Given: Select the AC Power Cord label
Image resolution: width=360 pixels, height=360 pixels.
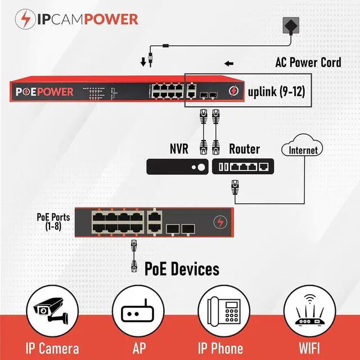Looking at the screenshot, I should coord(308,62).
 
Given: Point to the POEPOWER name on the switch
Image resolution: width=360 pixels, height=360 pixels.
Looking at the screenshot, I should coord(43,92).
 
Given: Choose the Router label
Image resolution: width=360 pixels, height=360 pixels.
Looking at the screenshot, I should coord(244,149).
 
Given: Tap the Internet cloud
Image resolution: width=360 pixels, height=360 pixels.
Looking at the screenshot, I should coord(304,150).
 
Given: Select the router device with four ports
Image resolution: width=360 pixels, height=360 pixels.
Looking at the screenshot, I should coord(242,166).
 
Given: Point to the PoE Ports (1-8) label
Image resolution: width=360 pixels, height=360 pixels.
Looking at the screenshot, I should coord(53,220).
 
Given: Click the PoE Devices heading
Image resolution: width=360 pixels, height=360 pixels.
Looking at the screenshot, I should coord(182,269).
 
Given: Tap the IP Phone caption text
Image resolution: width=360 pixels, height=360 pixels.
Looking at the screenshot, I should coord(220,347).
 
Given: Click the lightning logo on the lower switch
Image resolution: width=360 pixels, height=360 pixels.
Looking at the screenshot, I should coord(220,223).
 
